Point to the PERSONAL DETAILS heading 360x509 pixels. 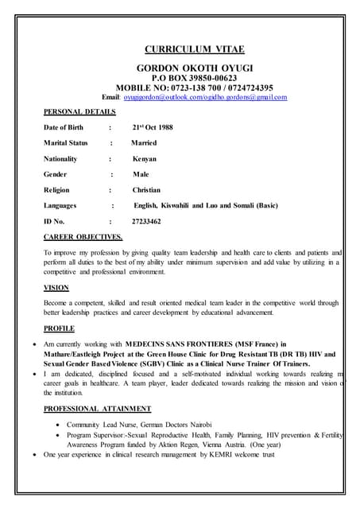click(x=79, y=112)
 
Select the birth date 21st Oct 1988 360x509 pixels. click(x=153, y=127)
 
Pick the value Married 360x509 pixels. click(x=144, y=143)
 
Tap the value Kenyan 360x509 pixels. click(x=145, y=159)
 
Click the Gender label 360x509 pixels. click(x=56, y=174)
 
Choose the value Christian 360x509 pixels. click(x=146, y=190)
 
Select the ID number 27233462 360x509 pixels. click(x=146, y=221)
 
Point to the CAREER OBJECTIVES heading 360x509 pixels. click(x=83, y=237)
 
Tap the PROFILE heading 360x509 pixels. click(x=59, y=328)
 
